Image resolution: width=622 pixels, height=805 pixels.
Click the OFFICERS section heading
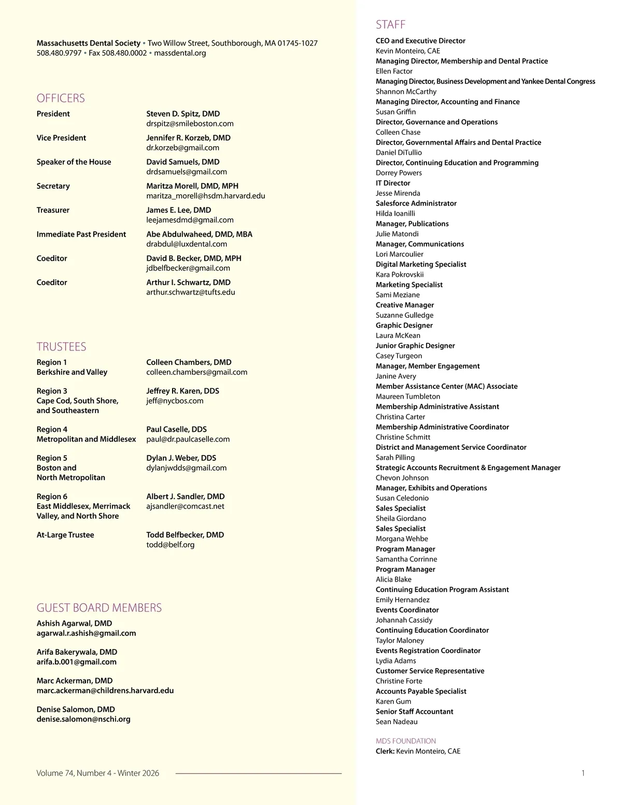tap(61, 98)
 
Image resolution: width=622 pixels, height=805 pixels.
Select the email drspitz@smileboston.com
tap(190, 124)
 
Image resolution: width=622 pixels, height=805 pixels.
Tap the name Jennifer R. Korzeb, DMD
tap(188, 138)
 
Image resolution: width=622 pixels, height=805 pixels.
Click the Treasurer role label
tap(53, 210)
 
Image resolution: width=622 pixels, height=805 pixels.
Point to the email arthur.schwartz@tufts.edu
tap(190, 292)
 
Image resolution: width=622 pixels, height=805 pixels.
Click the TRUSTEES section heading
tap(61, 347)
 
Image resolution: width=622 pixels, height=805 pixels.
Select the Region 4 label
tap(52, 429)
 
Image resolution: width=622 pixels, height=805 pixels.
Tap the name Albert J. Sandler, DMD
tap(185, 497)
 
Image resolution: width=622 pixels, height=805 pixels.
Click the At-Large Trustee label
tap(65, 535)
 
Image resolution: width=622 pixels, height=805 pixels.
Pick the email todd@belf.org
tap(170, 545)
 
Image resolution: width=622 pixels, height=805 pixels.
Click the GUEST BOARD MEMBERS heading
tap(99, 608)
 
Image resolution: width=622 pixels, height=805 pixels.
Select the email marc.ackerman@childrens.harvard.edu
tap(105, 690)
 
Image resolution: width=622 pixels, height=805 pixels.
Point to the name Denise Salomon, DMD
tap(76, 709)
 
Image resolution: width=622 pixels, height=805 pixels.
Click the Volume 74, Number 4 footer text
tap(97, 773)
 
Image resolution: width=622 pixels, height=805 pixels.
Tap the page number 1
tap(583, 773)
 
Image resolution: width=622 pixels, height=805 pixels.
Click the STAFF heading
tap(390, 24)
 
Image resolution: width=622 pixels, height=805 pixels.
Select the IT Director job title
tap(393, 183)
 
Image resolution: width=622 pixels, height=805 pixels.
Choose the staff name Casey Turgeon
tap(399, 356)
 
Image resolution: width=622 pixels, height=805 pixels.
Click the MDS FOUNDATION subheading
tap(405, 741)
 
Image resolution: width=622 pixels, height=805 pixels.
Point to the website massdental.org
tap(180, 53)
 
